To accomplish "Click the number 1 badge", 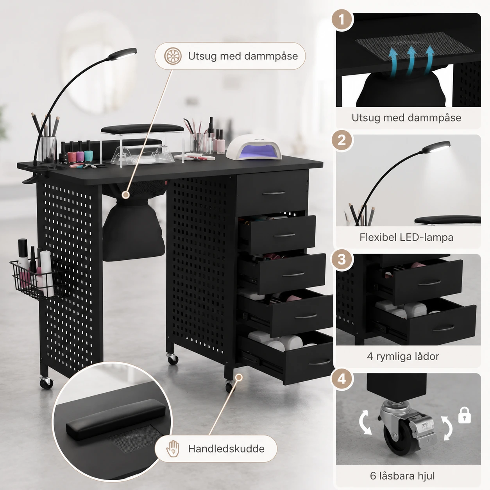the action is point(342,20).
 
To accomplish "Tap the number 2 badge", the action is point(342,140).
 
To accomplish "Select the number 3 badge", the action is point(342,259).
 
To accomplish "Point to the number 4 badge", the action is point(342,379).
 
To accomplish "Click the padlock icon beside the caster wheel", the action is point(464,415).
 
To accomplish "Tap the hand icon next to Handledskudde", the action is point(173,449).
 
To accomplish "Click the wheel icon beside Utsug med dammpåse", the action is point(173,56).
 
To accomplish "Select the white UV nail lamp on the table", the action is point(254,148).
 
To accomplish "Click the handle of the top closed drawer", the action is point(274,193).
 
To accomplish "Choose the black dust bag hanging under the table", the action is point(133,229).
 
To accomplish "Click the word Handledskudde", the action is point(226,449).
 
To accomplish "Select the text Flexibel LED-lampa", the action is point(406,237).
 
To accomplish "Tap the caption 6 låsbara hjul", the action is point(402,476).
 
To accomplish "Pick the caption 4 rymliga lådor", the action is point(403,356).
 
